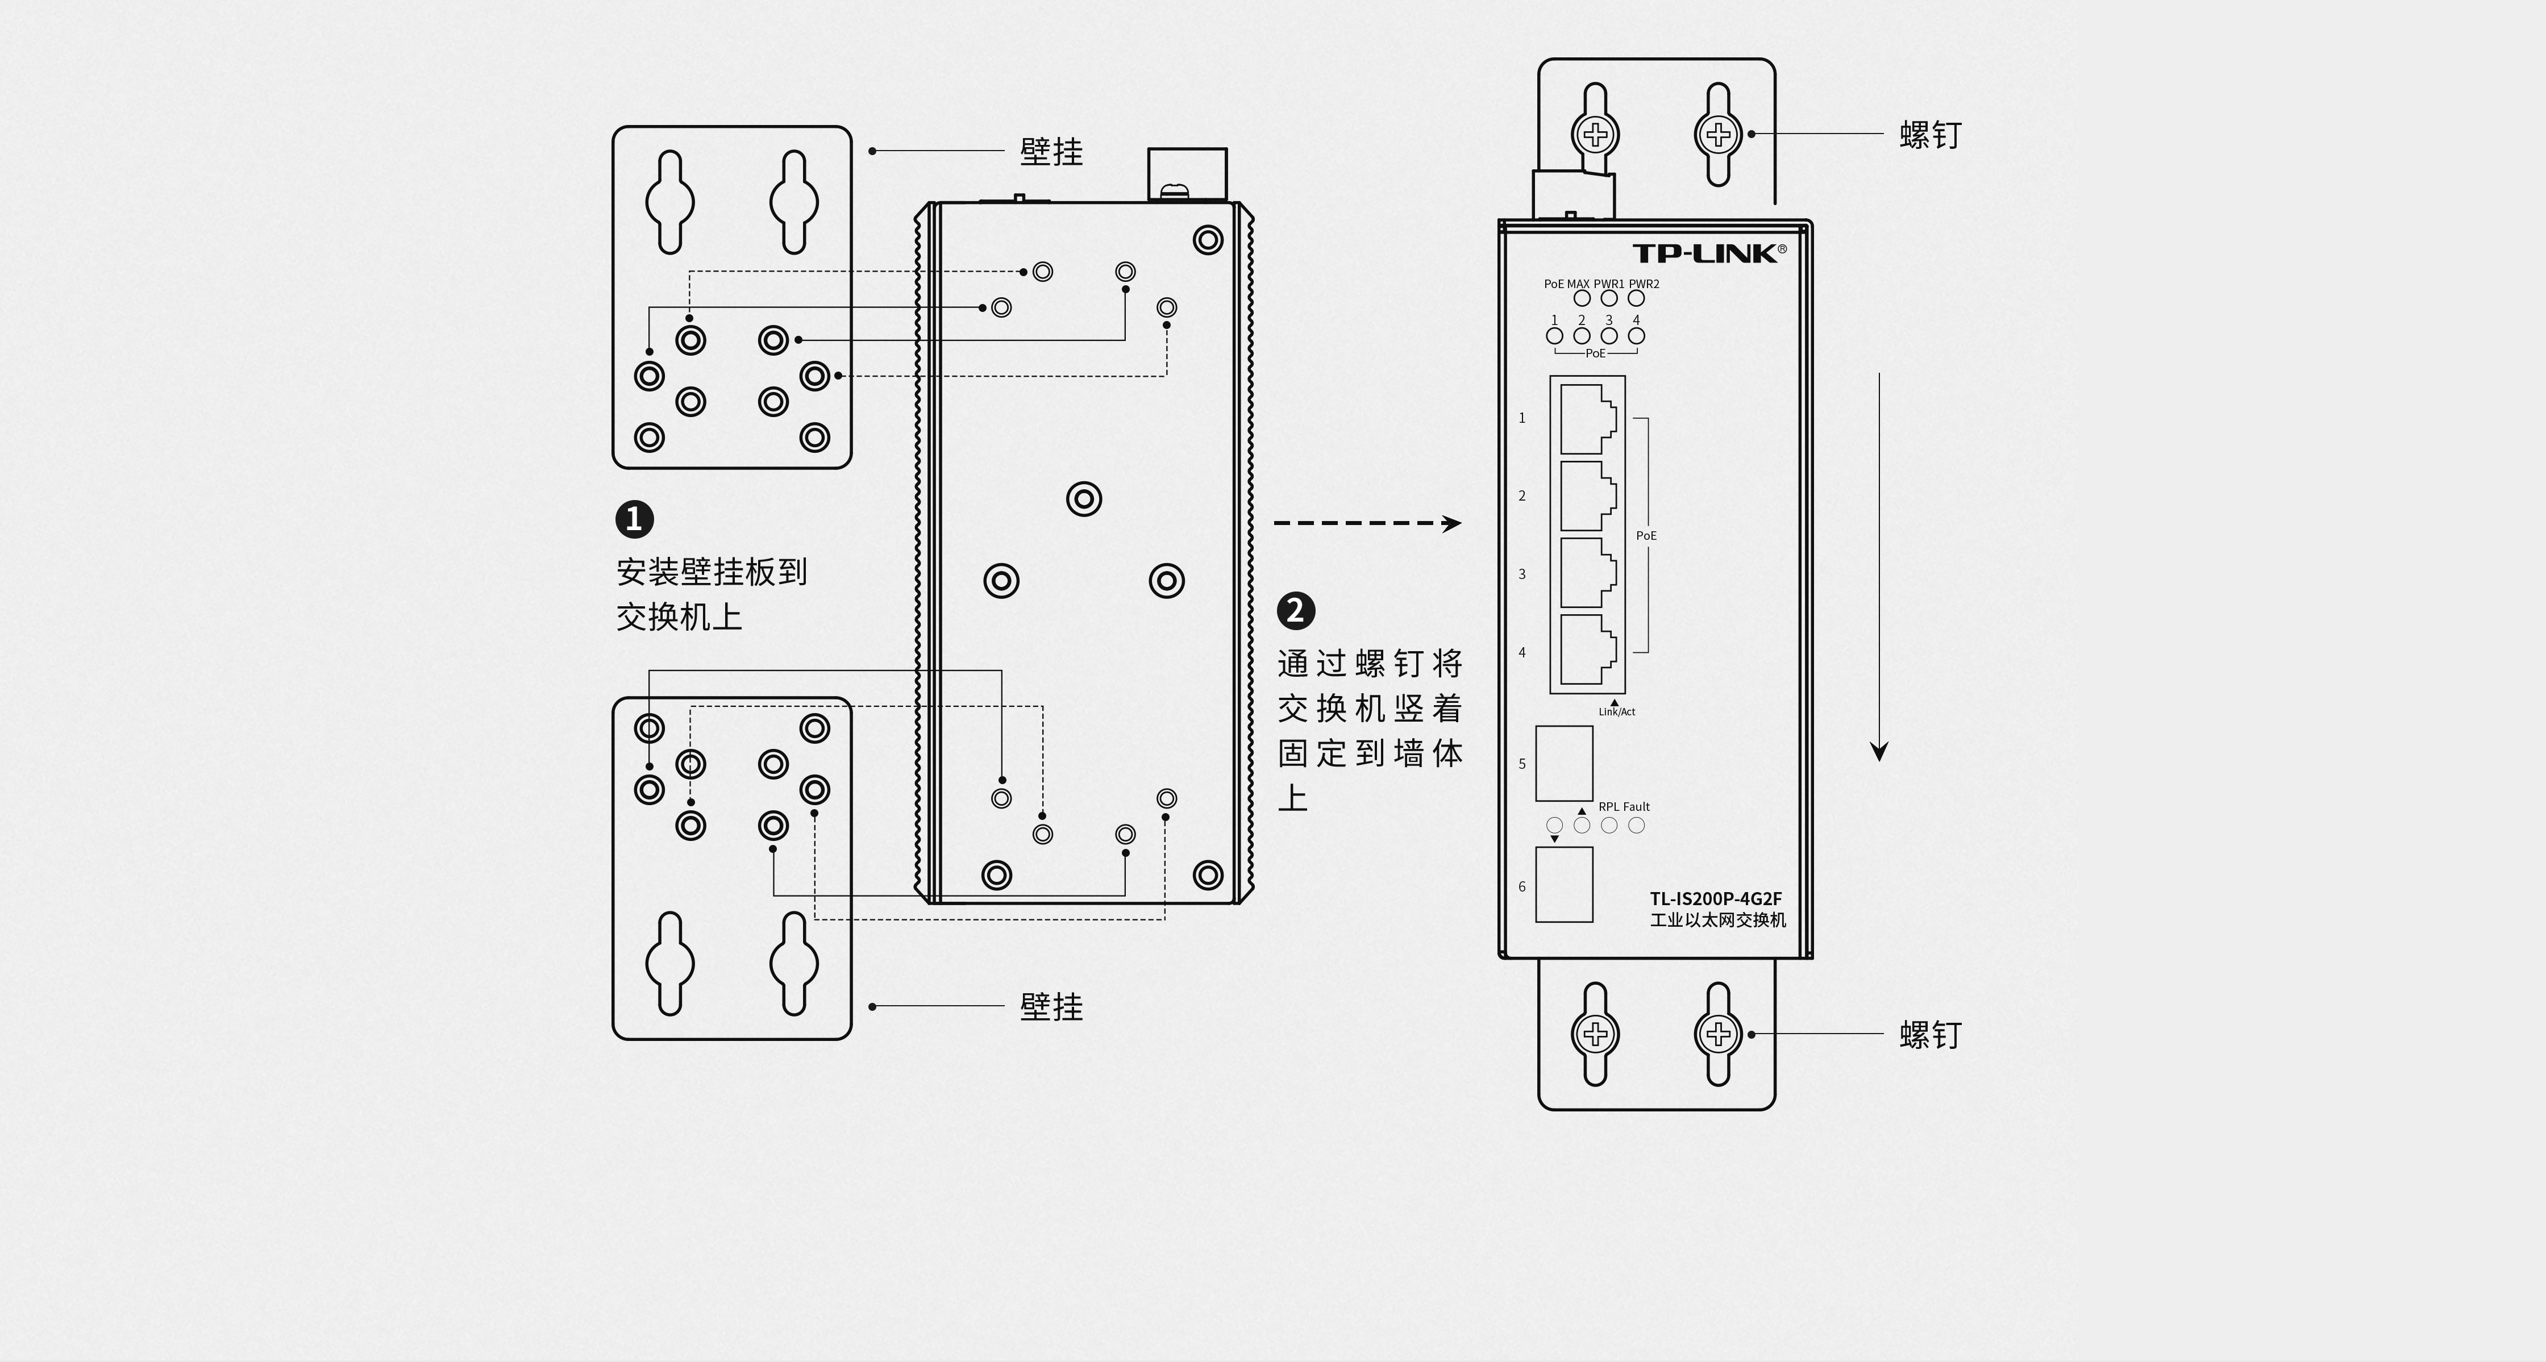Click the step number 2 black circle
coord(1296,611)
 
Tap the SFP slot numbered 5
coord(1563,763)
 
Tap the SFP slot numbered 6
coord(1563,885)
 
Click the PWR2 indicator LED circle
coord(1637,298)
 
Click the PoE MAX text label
coord(1567,284)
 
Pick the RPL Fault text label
coord(1624,806)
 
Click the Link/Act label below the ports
coord(1617,711)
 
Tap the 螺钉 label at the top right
coord(1931,135)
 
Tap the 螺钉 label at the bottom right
coord(1931,1035)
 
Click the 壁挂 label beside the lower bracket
coord(1051,1007)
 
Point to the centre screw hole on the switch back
coord(1084,499)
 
